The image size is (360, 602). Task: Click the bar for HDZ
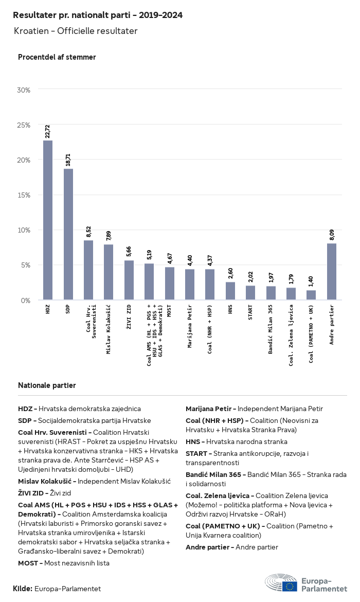pyautogui.click(x=48, y=220)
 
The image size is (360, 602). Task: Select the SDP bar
pyautogui.click(x=68, y=234)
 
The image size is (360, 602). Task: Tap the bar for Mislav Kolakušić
pyautogui.click(x=109, y=272)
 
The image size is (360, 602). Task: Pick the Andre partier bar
pyautogui.click(x=332, y=272)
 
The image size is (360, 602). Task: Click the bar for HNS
pyautogui.click(x=230, y=291)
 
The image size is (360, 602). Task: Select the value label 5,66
pyautogui.click(x=129, y=252)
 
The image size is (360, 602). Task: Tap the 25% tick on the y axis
pyautogui.click(x=24, y=125)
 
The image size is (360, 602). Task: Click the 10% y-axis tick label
pyautogui.click(x=24, y=230)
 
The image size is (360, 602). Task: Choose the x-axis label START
pyautogui.click(x=250, y=312)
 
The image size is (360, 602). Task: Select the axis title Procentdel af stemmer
pyautogui.click(x=57, y=57)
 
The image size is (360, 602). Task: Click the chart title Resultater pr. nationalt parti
pyautogui.click(x=98, y=15)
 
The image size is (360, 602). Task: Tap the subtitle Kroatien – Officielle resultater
pyautogui.click(x=76, y=31)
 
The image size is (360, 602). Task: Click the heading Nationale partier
pyautogui.click(x=47, y=385)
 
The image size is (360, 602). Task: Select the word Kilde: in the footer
pyautogui.click(x=23, y=589)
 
